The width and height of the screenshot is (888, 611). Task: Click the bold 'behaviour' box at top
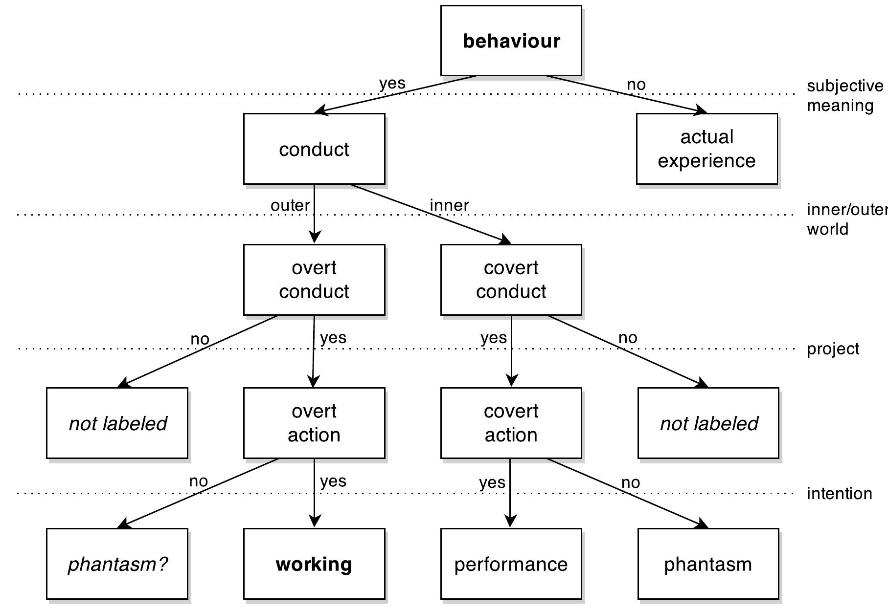click(511, 41)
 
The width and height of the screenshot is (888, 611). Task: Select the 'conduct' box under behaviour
click(314, 149)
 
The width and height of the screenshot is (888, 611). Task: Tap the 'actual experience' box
click(706, 149)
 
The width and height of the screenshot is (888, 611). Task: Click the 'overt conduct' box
click(314, 280)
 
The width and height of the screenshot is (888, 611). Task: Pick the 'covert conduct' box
click(511, 280)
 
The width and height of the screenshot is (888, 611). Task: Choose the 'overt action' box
click(314, 423)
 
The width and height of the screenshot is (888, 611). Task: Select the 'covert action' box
click(511, 423)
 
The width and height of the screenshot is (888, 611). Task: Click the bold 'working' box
click(314, 564)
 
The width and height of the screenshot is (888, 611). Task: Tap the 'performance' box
click(511, 564)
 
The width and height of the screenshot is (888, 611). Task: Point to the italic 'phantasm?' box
click(117, 564)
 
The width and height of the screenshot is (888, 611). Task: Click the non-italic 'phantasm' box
click(708, 564)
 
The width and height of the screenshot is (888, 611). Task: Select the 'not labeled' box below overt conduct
click(117, 423)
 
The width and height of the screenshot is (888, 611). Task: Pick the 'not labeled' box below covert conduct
click(708, 423)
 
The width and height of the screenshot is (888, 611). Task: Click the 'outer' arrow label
click(290, 205)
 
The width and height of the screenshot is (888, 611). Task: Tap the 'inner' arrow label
click(449, 205)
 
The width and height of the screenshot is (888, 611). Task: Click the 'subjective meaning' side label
click(844, 96)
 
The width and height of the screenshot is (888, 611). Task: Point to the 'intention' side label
click(839, 494)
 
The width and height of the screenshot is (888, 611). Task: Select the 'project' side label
click(833, 349)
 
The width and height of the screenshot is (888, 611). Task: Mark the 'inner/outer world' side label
click(846, 219)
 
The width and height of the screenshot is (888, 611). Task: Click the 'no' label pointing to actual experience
click(636, 85)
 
